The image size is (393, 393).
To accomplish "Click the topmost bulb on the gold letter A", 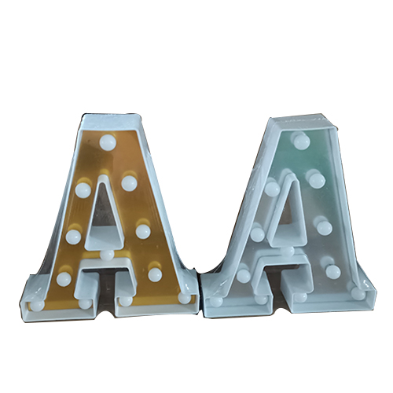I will coord(107,143).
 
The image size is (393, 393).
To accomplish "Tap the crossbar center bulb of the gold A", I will coord(106,255).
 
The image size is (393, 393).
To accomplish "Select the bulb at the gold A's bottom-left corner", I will coord(36,298).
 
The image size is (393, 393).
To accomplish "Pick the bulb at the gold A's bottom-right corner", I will coord(184,297).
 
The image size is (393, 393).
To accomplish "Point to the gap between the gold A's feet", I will coord(105,291).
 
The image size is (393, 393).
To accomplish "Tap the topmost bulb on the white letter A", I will coord(299,140).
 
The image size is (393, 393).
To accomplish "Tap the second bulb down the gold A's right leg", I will coord(143,231).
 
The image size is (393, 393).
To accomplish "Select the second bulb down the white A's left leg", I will coord(257,233).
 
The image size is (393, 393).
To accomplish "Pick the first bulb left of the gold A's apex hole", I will coord(83,189).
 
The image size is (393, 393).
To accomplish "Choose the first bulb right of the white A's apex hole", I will coord(316,181).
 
